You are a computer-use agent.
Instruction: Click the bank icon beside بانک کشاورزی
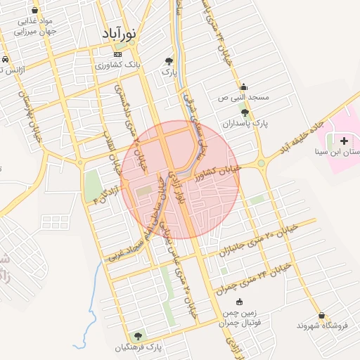(117, 54)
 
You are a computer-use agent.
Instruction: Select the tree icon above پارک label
(168, 61)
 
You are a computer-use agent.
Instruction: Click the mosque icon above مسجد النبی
(243, 87)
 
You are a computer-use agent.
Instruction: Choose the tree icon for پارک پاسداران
(244, 112)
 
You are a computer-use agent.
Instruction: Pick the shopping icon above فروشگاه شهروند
(321, 315)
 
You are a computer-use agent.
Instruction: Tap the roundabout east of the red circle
(262, 165)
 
